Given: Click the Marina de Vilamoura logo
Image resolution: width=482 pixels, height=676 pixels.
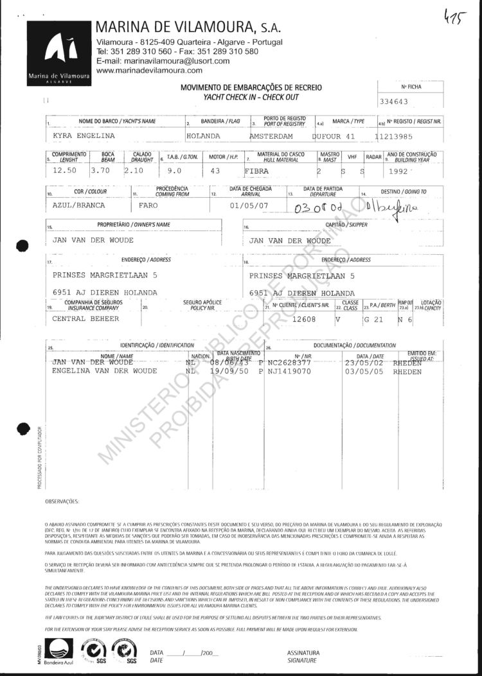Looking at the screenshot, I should (x=58, y=54).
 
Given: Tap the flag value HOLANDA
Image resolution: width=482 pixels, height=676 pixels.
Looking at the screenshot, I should (x=203, y=136).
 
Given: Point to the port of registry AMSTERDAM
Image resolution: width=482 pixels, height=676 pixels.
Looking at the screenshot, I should (x=271, y=136).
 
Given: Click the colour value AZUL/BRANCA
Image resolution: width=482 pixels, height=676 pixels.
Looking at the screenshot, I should (x=78, y=205).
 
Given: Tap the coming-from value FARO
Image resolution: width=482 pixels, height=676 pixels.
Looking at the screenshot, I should (x=149, y=205).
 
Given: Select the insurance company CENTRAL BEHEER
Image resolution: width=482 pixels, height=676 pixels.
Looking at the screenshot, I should (x=85, y=318).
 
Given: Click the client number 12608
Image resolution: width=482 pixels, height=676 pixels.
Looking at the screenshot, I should (x=306, y=318).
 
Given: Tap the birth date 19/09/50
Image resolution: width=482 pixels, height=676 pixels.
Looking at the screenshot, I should (x=225, y=371).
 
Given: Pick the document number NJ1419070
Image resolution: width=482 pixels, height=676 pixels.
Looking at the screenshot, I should (x=289, y=371).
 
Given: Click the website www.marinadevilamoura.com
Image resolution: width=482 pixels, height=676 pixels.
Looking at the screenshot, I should (x=148, y=70).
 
